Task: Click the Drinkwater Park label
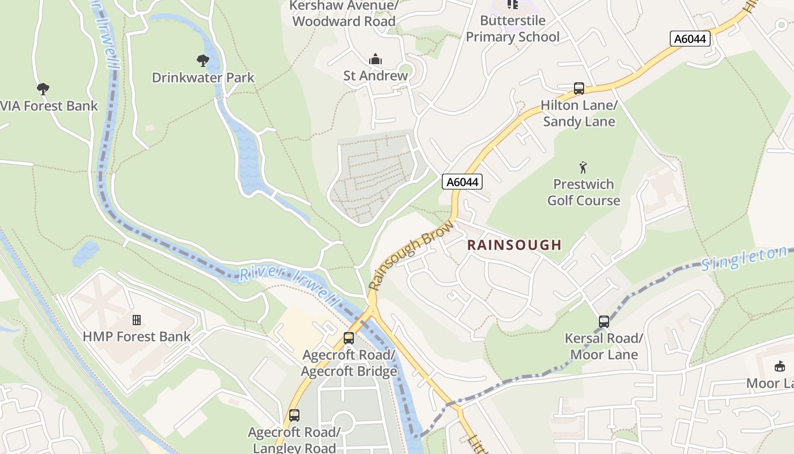coord(203,78)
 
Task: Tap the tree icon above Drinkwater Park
coord(203,60)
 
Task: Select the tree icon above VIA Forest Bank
coord(43,89)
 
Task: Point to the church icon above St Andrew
coord(375,59)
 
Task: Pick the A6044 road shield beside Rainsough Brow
coord(462,182)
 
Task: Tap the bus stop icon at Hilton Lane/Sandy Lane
coord(578,89)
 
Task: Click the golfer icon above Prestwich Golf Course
coord(583,167)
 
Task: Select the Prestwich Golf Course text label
coord(584,192)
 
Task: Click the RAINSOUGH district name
coord(514,245)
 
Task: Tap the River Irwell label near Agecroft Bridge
coord(289,284)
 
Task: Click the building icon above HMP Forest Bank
coord(137,320)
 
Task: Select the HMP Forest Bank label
coord(137,337)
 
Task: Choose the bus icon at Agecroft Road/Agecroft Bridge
coord(349,338)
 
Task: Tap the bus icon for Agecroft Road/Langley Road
coord(294,415)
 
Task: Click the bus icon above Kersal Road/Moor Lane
coord(604,322)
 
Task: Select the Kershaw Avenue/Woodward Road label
coord(344,14)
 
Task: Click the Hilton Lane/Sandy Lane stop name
coord(578,113)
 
